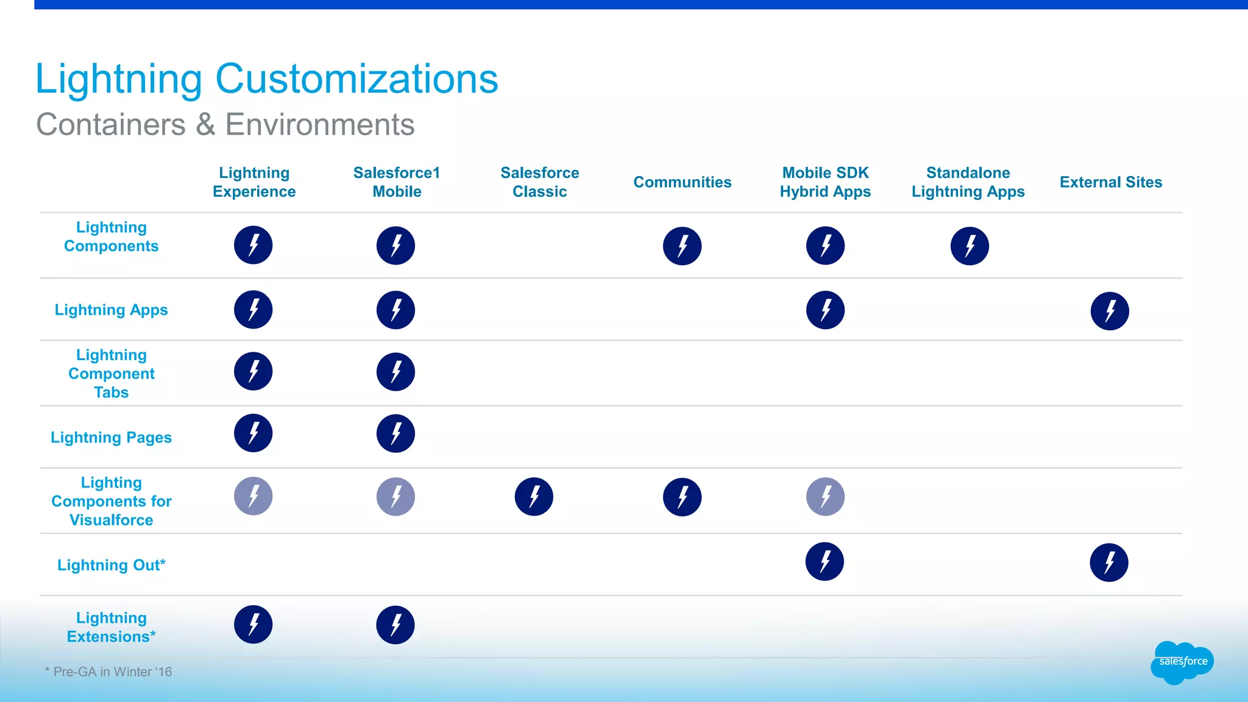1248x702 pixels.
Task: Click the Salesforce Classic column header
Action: (x=539, y=182)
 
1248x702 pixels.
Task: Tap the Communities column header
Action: (x=682, y=182)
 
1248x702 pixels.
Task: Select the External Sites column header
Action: (x=1110, y=182)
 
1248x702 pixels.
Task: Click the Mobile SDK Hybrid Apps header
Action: (x=825, y=182)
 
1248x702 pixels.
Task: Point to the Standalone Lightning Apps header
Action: (x=968, y=182)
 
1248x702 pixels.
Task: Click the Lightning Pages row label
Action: (x=111, y=437)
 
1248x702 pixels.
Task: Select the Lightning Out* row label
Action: (x=111, y=565)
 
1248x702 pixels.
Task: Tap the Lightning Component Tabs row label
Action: (x=111, y=373)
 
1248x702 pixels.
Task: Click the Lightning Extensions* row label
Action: (x=111, y=627)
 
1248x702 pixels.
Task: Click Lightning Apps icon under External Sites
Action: (x=1109, y=311)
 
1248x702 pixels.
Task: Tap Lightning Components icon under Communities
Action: (x=682, y=246)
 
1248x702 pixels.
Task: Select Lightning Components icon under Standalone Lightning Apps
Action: (x=969, y=246)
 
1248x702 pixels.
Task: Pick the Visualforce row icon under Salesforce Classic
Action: (x=533, y=496)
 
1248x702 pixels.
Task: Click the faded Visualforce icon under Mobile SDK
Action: (x=825, y=496)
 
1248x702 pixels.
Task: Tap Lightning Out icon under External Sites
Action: (x=1108, y=562)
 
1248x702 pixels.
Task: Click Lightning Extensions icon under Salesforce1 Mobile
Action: (x=395, y=625)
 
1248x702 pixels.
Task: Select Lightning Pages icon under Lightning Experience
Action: (x=253, y=433)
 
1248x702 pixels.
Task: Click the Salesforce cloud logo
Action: (x=1182, y=662)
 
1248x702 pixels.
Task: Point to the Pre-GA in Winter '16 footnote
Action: (x=108, y=672)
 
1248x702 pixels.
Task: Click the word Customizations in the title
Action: (x=356, y=79)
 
